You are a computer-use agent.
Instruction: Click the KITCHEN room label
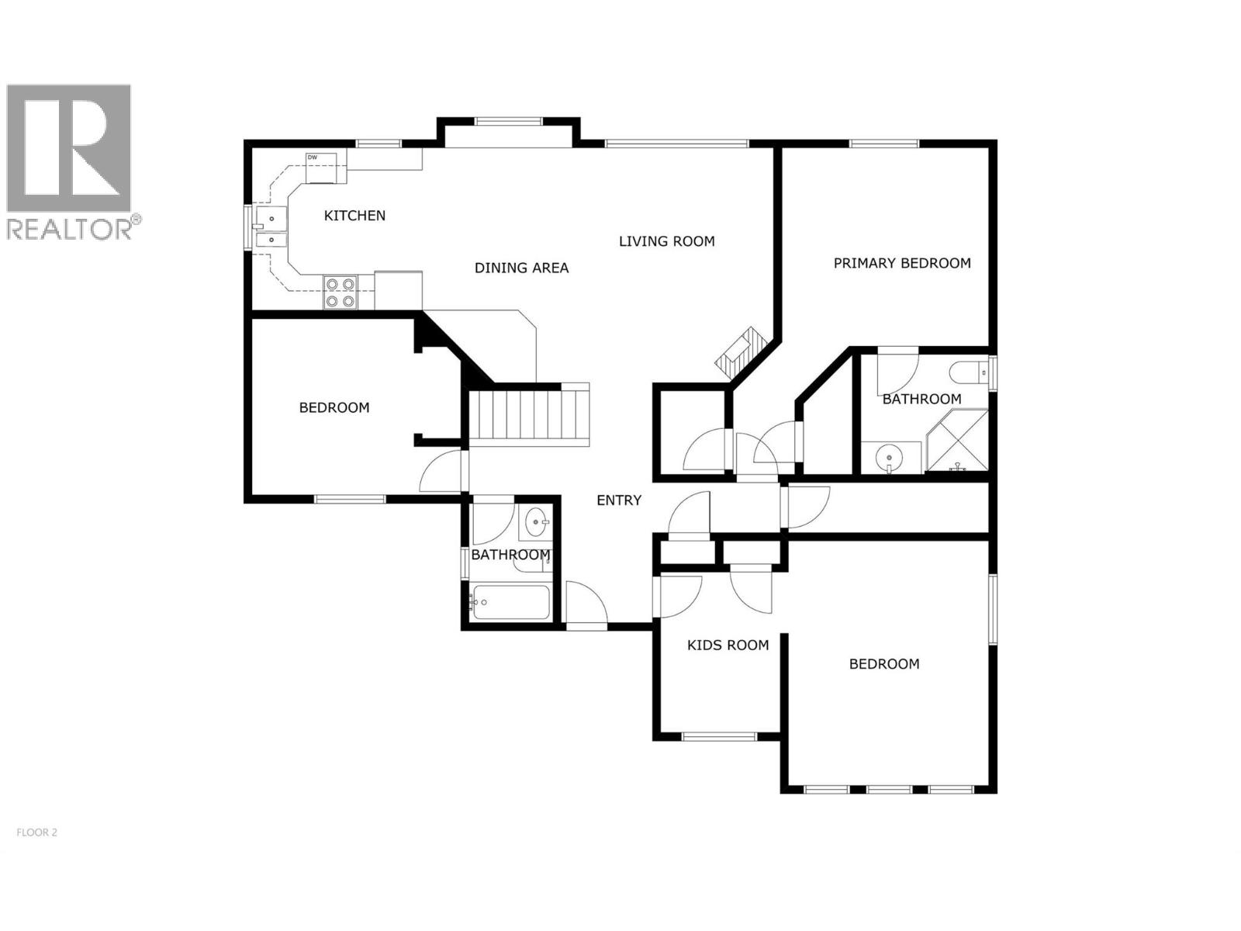click(x=354, y=216)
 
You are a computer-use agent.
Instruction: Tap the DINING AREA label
click(x=521, y=268)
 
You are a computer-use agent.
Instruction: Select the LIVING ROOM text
click(x=666, y=241)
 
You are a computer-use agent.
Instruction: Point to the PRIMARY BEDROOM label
click(x=902, y=263)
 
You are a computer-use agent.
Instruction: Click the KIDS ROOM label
click(x=728, y=645)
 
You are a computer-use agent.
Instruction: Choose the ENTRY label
click(x=619, y=500)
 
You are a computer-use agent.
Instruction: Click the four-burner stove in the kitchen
click(x=340, y=292)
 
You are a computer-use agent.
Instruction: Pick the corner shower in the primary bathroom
click(x=959, y=442)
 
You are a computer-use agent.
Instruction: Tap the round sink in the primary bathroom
click(x=888, y=458)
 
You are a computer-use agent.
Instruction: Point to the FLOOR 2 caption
click(x=36, y=832)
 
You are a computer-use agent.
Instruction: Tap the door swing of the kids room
click(x=680, y=595)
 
